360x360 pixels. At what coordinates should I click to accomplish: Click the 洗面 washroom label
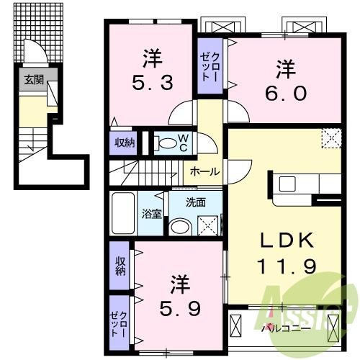(195, 202)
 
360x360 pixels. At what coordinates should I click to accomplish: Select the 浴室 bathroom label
(152, 214)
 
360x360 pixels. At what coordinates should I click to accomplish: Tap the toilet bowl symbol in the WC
(167, 143)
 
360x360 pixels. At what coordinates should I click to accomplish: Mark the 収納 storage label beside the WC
(125, 143)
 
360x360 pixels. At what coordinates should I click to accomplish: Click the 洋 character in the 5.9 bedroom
(180, 284)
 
